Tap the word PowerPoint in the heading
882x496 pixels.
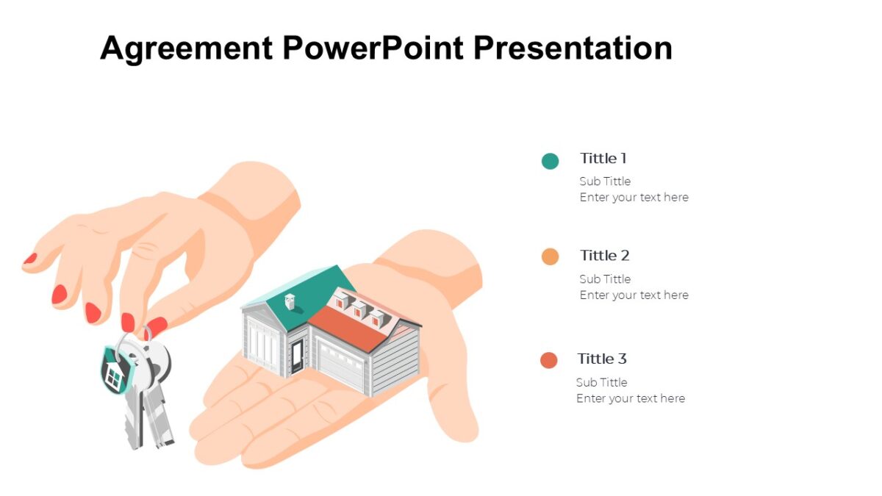373,48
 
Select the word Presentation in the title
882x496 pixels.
573,48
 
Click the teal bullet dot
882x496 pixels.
550,161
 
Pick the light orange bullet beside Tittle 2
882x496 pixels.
550,256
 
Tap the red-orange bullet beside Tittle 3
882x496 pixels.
549,360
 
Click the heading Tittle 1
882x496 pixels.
603,158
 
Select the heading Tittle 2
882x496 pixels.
605,256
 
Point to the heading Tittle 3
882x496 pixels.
602,359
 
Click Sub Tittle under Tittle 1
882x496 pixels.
605,181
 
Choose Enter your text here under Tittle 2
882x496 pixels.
634,295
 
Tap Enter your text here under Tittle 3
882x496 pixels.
631,398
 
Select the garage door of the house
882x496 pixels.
340,366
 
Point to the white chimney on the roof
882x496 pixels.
290,301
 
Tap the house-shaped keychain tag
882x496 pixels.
114,371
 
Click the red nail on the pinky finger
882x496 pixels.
30,259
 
